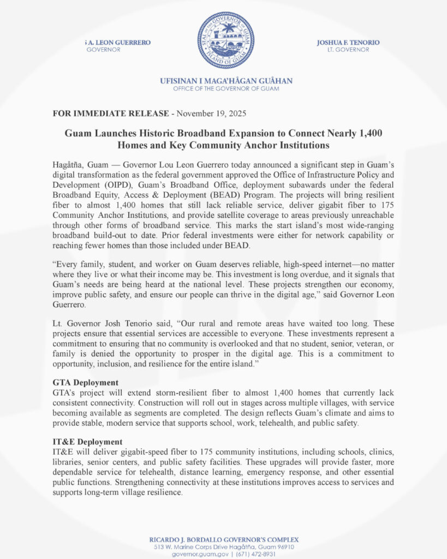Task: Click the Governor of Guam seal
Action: coord(225,40)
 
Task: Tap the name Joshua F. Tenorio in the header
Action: coord(348,43)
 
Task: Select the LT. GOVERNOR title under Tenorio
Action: coord(344,50)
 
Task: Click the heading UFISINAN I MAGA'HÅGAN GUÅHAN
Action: coord(226,81)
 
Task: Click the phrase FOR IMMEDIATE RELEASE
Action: coord(110,114)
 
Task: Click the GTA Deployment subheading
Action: coord(85,382)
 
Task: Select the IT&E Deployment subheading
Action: coord(87,441)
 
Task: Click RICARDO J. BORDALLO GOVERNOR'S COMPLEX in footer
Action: coord(224,539)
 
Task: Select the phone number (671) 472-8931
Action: coord(255,554)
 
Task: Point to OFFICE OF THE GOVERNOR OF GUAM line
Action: coord(226,88)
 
